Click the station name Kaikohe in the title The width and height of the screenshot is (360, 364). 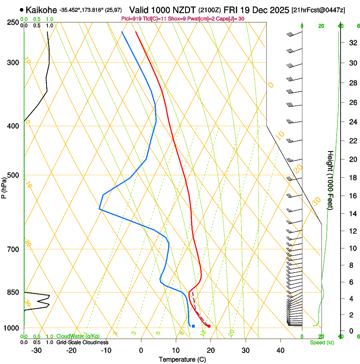[41, 10]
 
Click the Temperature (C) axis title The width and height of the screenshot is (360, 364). [182, 359]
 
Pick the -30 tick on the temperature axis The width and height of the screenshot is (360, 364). [36, 350]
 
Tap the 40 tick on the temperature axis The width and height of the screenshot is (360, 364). [280, 350]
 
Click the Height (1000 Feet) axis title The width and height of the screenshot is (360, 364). [330, 180]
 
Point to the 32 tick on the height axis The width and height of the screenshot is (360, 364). [352, 43]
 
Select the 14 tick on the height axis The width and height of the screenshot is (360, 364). [352, 214]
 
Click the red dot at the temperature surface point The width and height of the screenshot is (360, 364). [209, 326]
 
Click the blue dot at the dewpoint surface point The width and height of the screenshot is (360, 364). [193, 326]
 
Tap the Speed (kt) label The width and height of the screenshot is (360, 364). [321, 342]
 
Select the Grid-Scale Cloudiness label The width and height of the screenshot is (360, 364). [82, 342]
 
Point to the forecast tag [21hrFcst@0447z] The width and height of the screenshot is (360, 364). [318, 10]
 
